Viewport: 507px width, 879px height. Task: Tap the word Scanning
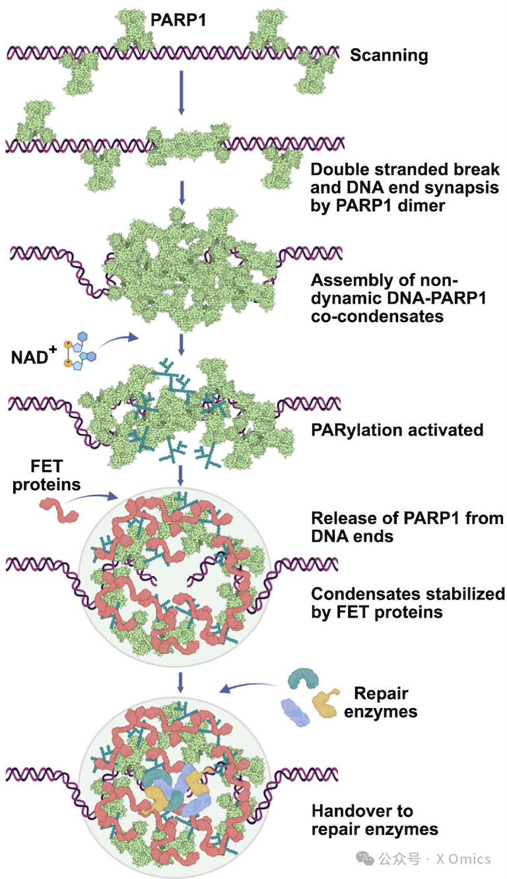(389, 55)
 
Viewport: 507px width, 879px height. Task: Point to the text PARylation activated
(397, 430)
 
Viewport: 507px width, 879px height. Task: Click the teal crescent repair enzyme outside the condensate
(304, 680)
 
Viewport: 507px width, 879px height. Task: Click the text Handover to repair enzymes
(375, 820)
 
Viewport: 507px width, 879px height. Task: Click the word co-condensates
(376, 317)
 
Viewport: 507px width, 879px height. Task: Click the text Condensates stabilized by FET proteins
(407, 602)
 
